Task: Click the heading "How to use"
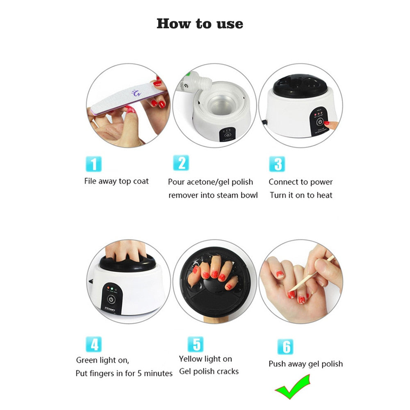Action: click(x=200, y=23)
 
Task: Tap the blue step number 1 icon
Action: click(x=94, y=164)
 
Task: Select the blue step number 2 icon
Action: click(x=181, y=163)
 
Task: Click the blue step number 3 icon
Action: click(x=278, y=164)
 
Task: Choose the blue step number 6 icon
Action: click(x=285, y=346)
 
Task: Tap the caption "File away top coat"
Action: click(x=116, y=181)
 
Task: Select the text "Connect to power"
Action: click(x=301, y=182)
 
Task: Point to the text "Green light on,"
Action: click(x=102, y=360)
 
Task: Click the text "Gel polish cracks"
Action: click(x=209, y=372)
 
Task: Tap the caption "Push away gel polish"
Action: click(x=305, y=364)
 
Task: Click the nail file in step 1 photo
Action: click(x=123, y=98)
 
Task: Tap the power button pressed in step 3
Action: click(x=320, y=122)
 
